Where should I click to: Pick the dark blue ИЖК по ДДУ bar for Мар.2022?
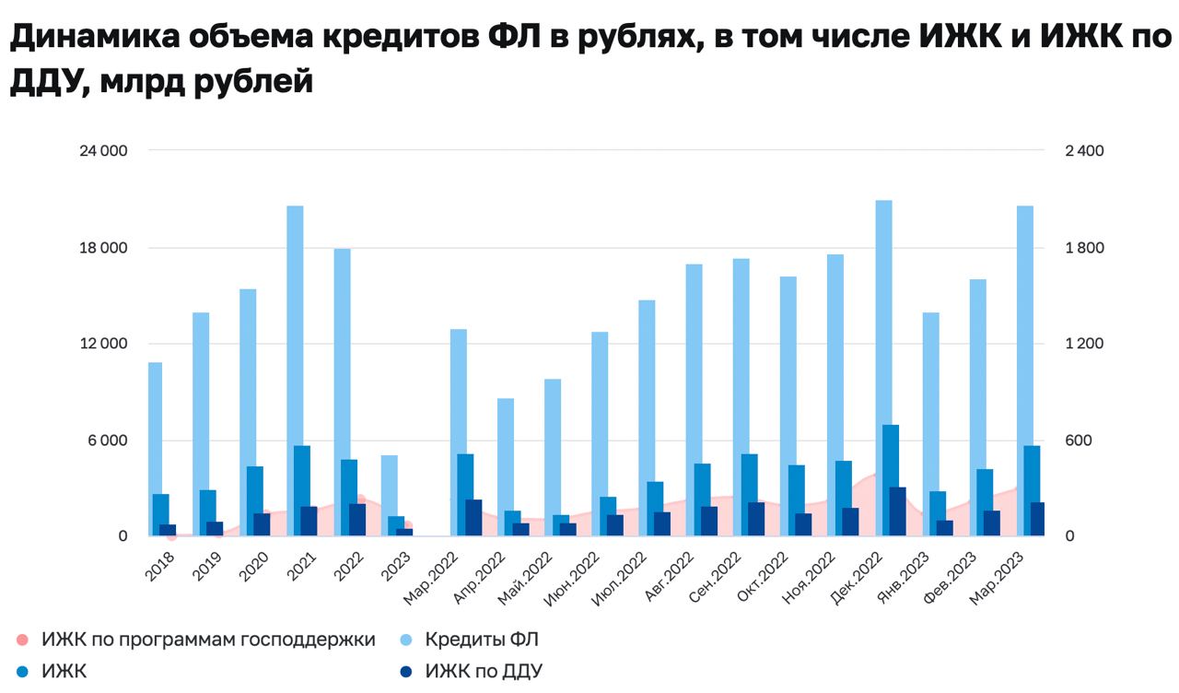pyautogui.click(x=473, y=517)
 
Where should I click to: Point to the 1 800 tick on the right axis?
pyautogui.click(x=1084, y=248)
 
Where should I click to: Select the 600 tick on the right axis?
pyautogui.click(x=1078, y=440)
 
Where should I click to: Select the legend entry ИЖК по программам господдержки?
pyautogui.click(x=208, y=639)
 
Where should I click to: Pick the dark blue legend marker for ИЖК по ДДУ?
pyautogui.click(x=409, y=672)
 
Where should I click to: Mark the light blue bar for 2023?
pyautogui.click(x=389, y=495)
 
